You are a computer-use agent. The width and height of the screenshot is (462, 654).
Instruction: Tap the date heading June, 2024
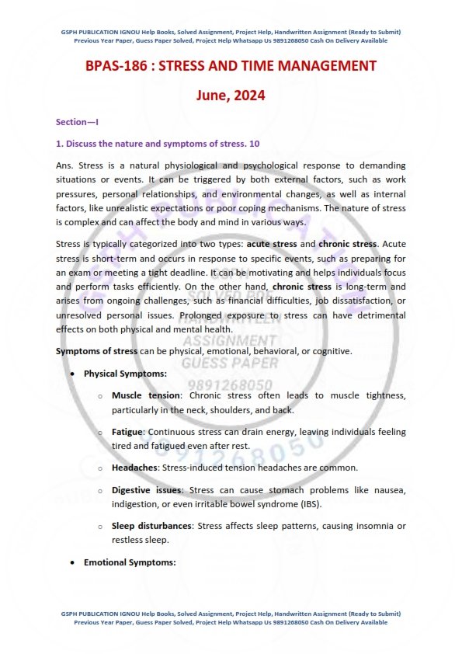(231, 96)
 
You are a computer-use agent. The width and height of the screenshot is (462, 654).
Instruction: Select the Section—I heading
(77, 123)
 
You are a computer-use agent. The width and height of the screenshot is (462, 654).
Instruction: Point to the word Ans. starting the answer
(65, 165)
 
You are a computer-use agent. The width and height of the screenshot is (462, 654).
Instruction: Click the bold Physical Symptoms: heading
(125, 374)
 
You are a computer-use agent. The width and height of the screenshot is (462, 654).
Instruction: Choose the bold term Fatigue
(128, 431)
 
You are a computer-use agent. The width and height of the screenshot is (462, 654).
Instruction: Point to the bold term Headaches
(134, 468)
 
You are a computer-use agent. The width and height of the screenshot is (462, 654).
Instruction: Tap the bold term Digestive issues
(148, 490)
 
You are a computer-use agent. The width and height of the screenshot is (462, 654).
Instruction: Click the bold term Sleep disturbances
(152, 526)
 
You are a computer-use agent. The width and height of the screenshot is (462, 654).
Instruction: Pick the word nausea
(383, 490)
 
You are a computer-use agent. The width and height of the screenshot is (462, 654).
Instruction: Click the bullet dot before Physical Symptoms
(73, 374)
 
